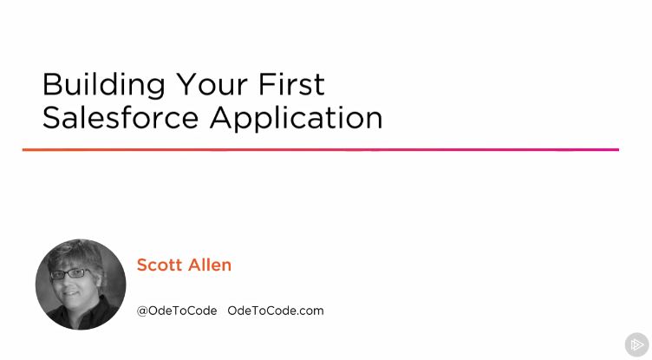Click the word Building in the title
103,84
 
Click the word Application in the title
297,118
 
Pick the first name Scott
160,265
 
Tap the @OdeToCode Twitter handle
177,310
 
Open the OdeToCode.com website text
276,310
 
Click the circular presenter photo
81,285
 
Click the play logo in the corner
636,344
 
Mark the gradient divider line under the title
320,149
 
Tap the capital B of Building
51,84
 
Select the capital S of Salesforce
51,117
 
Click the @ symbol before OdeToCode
142,310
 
